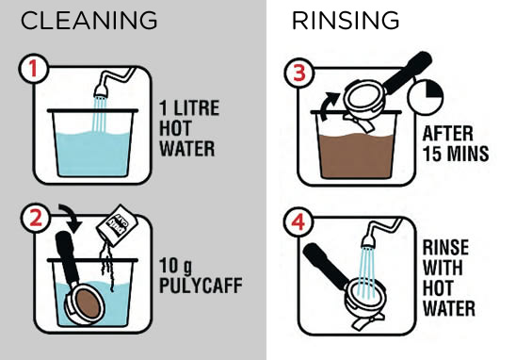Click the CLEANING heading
(x=89, y=21)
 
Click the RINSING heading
(x=346, y=21)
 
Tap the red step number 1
(x=33, y=68)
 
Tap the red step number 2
(x=35, y=218)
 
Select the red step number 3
(x=298, y=73)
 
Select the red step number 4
(x=298, y=222)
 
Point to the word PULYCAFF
(x=201, y=286)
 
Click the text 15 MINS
(x=456, y=154)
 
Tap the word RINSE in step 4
(x=445, y=247)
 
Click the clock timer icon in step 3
(x=426, y=97)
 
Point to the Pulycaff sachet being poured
(x=117, y=225)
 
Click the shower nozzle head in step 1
(x=101, y=91)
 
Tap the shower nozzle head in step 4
(x=368, y=241)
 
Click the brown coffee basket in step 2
(x=88, y=303)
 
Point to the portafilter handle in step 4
(x=326, y=261)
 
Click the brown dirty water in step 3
(x=356, y=155)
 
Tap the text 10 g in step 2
(x=175, y=266)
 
